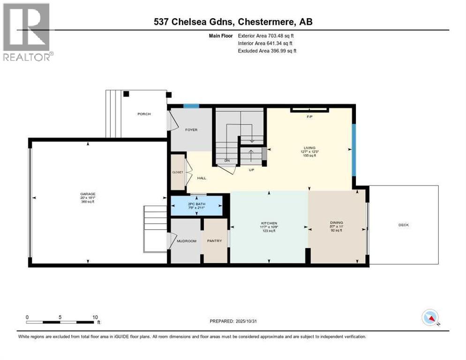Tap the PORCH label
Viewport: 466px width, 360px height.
tap(144, 114)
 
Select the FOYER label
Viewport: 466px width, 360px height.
tap(191, 130)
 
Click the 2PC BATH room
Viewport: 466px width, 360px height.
tap(196, 205)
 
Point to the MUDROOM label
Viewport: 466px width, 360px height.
tap(186, 241)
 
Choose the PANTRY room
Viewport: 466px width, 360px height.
tap(214, 241)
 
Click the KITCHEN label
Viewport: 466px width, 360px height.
tap(269, 223)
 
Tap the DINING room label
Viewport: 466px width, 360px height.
tap(336, 223)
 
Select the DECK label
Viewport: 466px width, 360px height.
tap(404, 225)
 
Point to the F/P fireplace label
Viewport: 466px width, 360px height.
tap(309, 116)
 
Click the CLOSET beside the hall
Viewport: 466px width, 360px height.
tap(178, 172)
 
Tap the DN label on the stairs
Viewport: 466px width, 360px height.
tap(227, 161)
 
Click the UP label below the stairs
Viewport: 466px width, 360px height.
tap(252, 170)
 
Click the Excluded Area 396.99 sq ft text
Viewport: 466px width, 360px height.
tap(267, 51)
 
